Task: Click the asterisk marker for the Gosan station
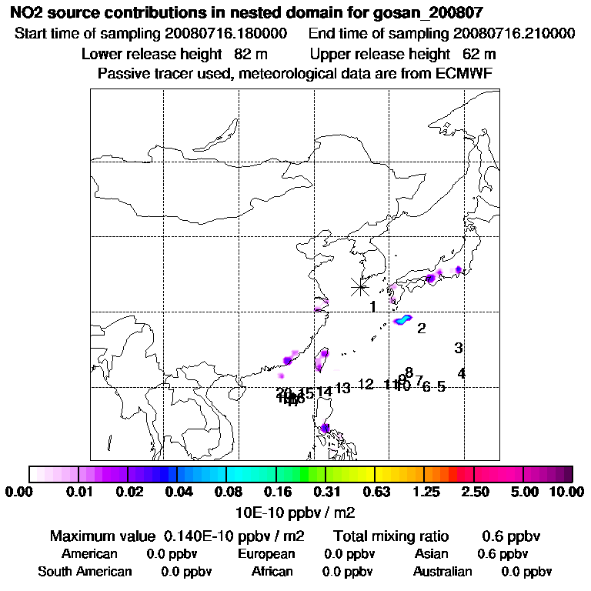point(359,287)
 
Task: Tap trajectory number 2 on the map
point(422,329)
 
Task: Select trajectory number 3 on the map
point(459,348)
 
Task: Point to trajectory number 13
point(342,388)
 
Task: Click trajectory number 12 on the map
point(366,384)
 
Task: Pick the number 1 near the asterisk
point(372,307)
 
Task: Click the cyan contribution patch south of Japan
point(403,320)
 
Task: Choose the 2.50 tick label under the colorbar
point(476,493)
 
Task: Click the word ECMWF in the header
point(466,74)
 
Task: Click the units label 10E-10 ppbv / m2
point(294,512)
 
